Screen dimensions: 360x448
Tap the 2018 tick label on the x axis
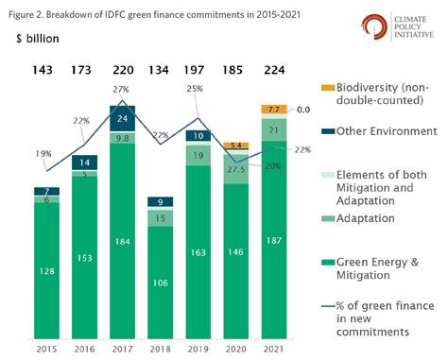[160, 349]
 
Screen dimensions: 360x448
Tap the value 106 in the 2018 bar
[160, 281]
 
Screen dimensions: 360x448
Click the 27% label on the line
[121, 90]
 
